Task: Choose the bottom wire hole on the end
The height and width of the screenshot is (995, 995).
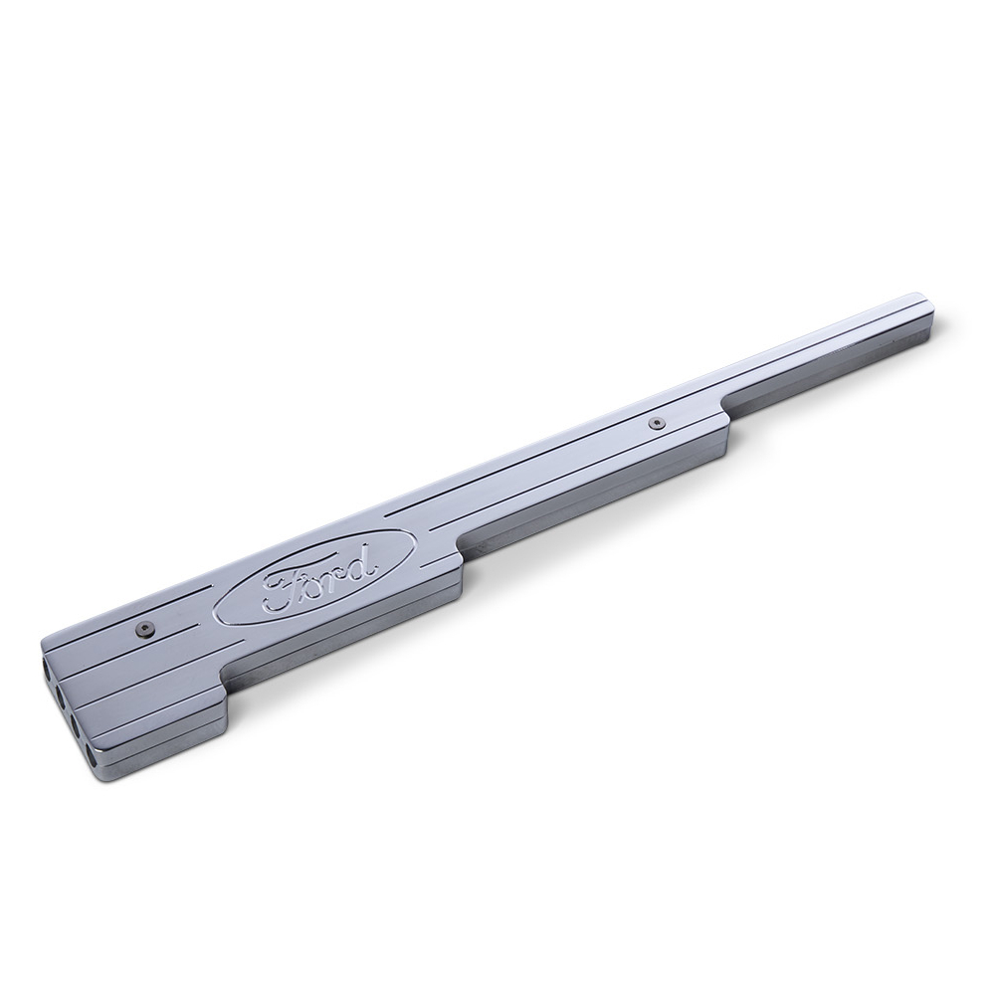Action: [91, 755]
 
